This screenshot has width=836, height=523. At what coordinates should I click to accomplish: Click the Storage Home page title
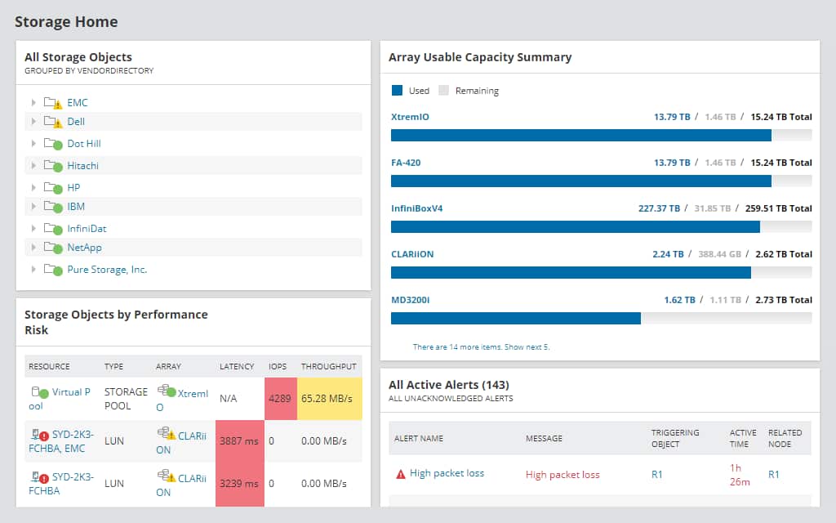(x=66, y=22)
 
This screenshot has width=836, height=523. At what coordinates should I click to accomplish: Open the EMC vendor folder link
(x=78, y=103)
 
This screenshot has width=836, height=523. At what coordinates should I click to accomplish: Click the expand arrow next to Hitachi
(x=33, y=166)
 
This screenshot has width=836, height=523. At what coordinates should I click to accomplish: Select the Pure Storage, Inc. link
(x=107, y=270)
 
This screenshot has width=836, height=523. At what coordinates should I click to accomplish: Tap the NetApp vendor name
(x=84, y=248)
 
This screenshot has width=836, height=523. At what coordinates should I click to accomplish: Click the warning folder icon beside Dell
(x=53, y=122)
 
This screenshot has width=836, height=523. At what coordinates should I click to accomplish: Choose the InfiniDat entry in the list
(x=87, y=229)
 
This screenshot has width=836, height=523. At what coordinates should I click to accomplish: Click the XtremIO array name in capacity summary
(x=410, y=117)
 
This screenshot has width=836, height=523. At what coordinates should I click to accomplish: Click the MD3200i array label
(x=410, y=300)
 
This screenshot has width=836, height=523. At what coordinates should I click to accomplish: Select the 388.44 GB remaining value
(x=719, y=254)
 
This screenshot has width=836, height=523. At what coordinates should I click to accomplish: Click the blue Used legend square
(x=398, y=91)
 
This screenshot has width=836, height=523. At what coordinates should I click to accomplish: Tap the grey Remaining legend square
(x=444, y=91)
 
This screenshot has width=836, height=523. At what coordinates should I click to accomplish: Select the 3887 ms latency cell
(x=239, y=441)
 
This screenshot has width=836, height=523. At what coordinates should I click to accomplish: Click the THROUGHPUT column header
(x=328, y=366)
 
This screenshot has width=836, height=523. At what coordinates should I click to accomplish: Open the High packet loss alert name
(x=447, y=474)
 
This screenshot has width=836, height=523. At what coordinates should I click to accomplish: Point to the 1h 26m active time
(x=740, y=474)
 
